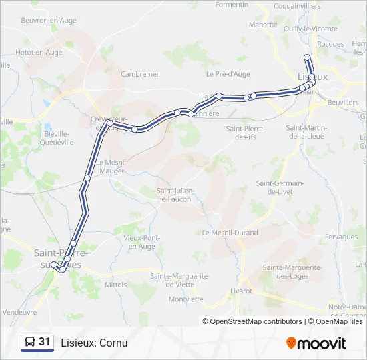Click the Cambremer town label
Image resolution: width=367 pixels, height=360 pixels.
(x=139, y=74)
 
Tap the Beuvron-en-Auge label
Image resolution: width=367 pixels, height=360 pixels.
(x=49, y=21)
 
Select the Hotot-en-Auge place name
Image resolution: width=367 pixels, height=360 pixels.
(x=39, y=52)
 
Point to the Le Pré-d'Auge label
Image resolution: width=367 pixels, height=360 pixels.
(x=228, y=74)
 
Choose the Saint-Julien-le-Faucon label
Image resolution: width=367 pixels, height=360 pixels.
(x=173, y=195)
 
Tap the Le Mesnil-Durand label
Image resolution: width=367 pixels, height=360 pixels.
(x=229, y=232)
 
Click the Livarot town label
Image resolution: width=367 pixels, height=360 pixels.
(x=240, y=291)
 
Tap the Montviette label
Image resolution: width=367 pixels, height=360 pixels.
(x=186, y=299)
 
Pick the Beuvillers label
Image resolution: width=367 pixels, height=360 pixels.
(x=343, y=103)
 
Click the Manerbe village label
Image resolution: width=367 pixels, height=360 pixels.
(x=263, y=25)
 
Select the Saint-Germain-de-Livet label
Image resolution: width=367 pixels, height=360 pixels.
(x=280, y=187)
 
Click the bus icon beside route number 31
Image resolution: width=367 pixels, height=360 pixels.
(x=29, y=343)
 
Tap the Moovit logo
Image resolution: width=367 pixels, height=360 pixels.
(x=316, y=343)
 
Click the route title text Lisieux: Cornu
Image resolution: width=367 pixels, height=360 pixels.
(x=94, y=343)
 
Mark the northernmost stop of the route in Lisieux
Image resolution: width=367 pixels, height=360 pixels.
(x=306, y=57)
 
